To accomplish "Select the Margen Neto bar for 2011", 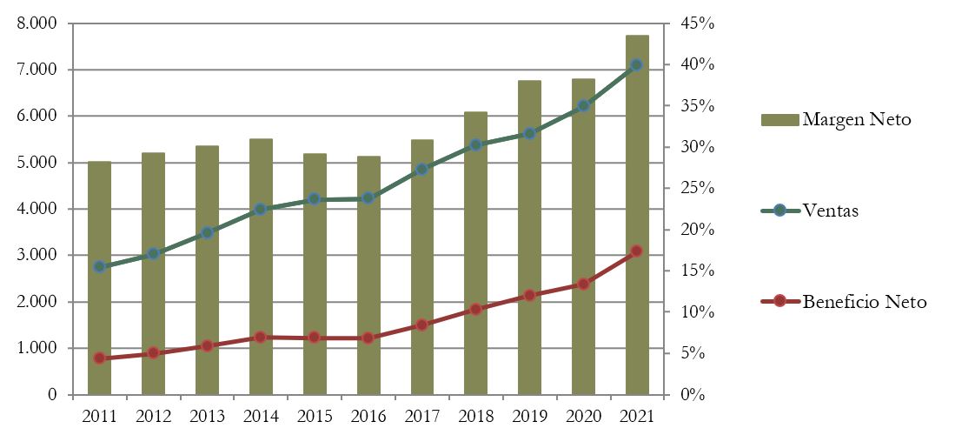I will (99, 278).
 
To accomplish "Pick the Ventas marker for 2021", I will (637, 65).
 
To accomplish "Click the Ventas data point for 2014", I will (261, 209).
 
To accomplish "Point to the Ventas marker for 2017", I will (421, 169).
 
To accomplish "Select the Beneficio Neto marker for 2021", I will (637, 251).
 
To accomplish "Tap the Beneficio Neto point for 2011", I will (99, 358).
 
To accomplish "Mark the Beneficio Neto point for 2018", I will (475, 309).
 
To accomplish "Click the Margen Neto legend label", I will (857, 119).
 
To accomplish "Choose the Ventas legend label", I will (831, 211).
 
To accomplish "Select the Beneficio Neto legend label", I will (865, 302).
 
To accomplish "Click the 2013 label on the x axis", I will (207, 416).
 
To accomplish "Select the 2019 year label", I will (529, 416).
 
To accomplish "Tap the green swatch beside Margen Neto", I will (779, 119).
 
